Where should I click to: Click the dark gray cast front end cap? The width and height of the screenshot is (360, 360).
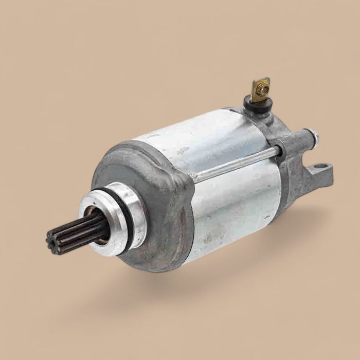(149, 206)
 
